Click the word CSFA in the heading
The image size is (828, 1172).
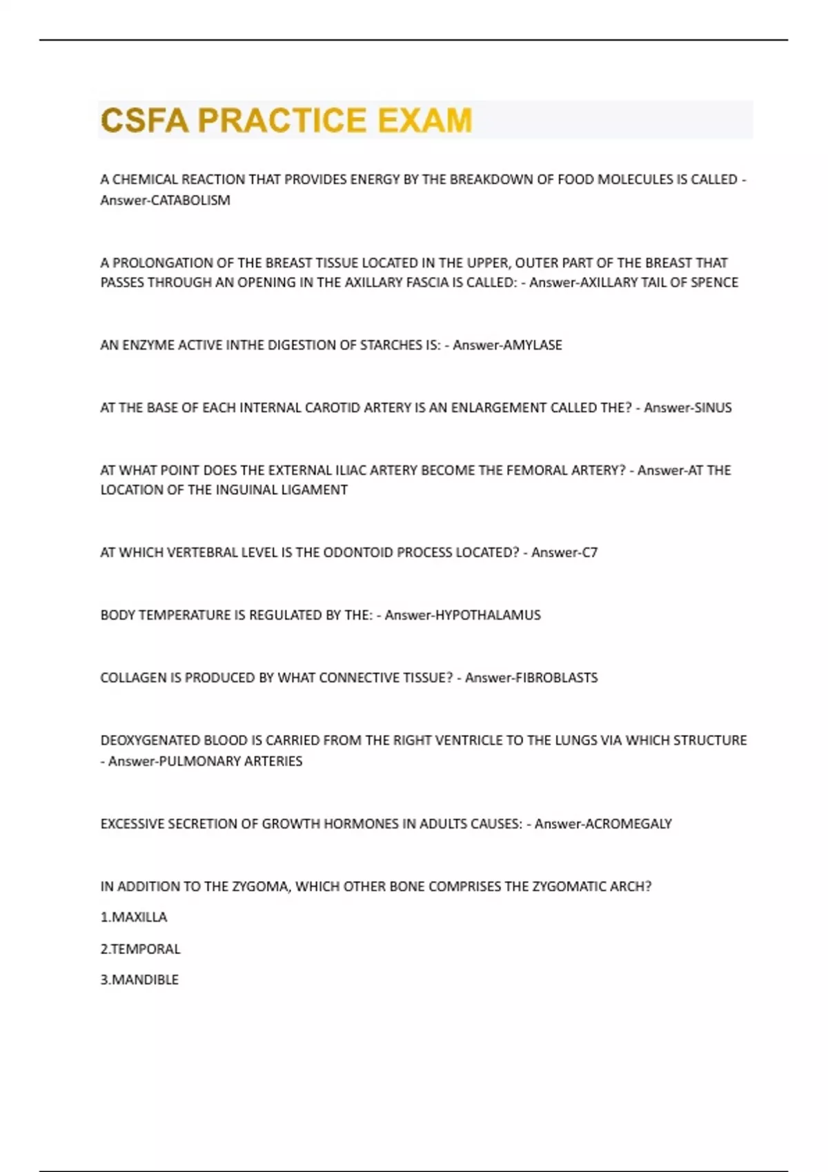[x=144, y=120]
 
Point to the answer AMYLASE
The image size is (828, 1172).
[x=533, y=345]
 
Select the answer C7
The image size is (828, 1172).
[x=589, y=553]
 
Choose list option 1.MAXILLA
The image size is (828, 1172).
[x=134, y=918]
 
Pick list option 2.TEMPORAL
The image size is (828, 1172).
[x=140, y=949]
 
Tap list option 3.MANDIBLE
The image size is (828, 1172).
[x=139, y=980]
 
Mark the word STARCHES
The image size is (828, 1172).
[x=388, y=345]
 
